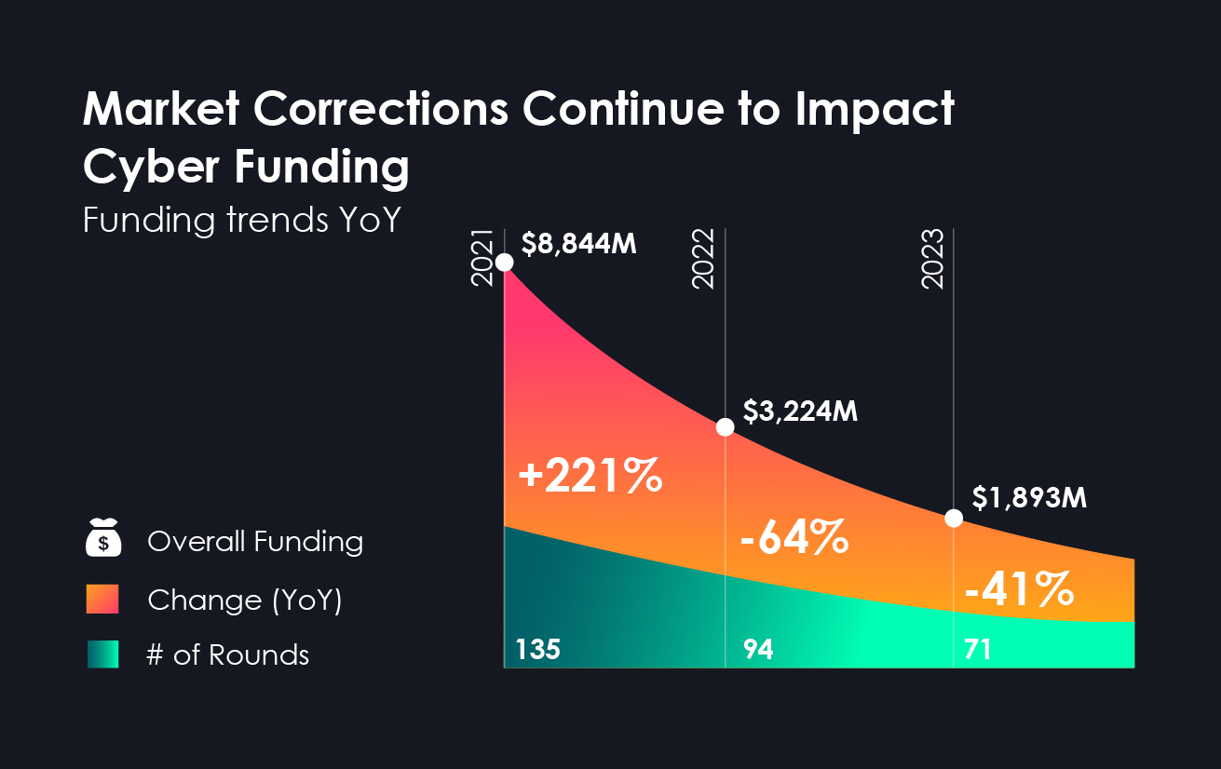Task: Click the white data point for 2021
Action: (x=505, y=262)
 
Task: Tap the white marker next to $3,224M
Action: (x=726, y=427)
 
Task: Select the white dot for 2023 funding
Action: (x=954, y=519)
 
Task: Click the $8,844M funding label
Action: (x=578, y=244)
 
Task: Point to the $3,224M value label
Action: (x=800, y=411)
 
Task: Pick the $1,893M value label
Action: (x=1029, y=498)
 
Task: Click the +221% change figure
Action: (x=590, y=477)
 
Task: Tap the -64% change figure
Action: (x=794, y=539)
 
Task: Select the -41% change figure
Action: (x=1018, y=588)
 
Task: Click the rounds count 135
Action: (x=538, y=650)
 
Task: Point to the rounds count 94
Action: (x=758, y=650)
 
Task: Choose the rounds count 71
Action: (x=977, y=650)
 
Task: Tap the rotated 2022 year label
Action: (x=705, y=258)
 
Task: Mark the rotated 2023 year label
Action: (x=933, y=258)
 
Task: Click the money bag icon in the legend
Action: (x=103, y=540)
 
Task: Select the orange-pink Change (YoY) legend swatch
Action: (x=103, y=599)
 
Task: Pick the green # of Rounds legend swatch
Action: (x=103, y=654)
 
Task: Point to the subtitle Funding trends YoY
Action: (x=241, y=220)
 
